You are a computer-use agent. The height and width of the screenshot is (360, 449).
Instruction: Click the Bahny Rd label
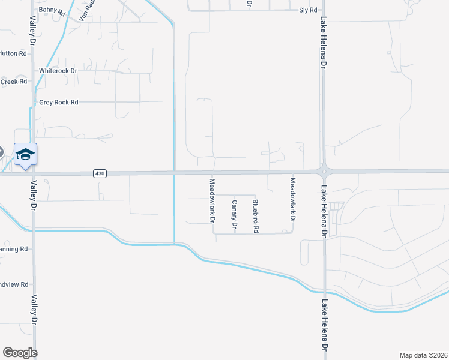click(51, 10)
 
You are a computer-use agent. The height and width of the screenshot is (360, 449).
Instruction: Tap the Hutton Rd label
click(14, 53)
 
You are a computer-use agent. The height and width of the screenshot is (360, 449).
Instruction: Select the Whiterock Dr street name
click(58, 71)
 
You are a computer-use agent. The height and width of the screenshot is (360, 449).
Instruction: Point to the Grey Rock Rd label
click(59, 103)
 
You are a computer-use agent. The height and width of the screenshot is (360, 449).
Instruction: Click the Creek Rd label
click(14, 82)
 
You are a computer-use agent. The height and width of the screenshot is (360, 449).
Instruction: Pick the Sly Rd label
click(308, 11)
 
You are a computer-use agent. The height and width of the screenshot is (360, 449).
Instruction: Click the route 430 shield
click(100, 173)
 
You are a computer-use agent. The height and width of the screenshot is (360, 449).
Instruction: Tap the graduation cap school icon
click(26, 155)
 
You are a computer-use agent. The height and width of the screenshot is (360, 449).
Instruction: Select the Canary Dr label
click(235, 215)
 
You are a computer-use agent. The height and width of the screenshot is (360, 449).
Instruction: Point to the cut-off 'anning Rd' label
click(14, 248)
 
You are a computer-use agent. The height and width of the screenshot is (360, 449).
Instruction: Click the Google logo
click(20, 352)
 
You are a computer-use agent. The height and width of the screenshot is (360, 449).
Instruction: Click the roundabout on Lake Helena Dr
click(324, 172)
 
